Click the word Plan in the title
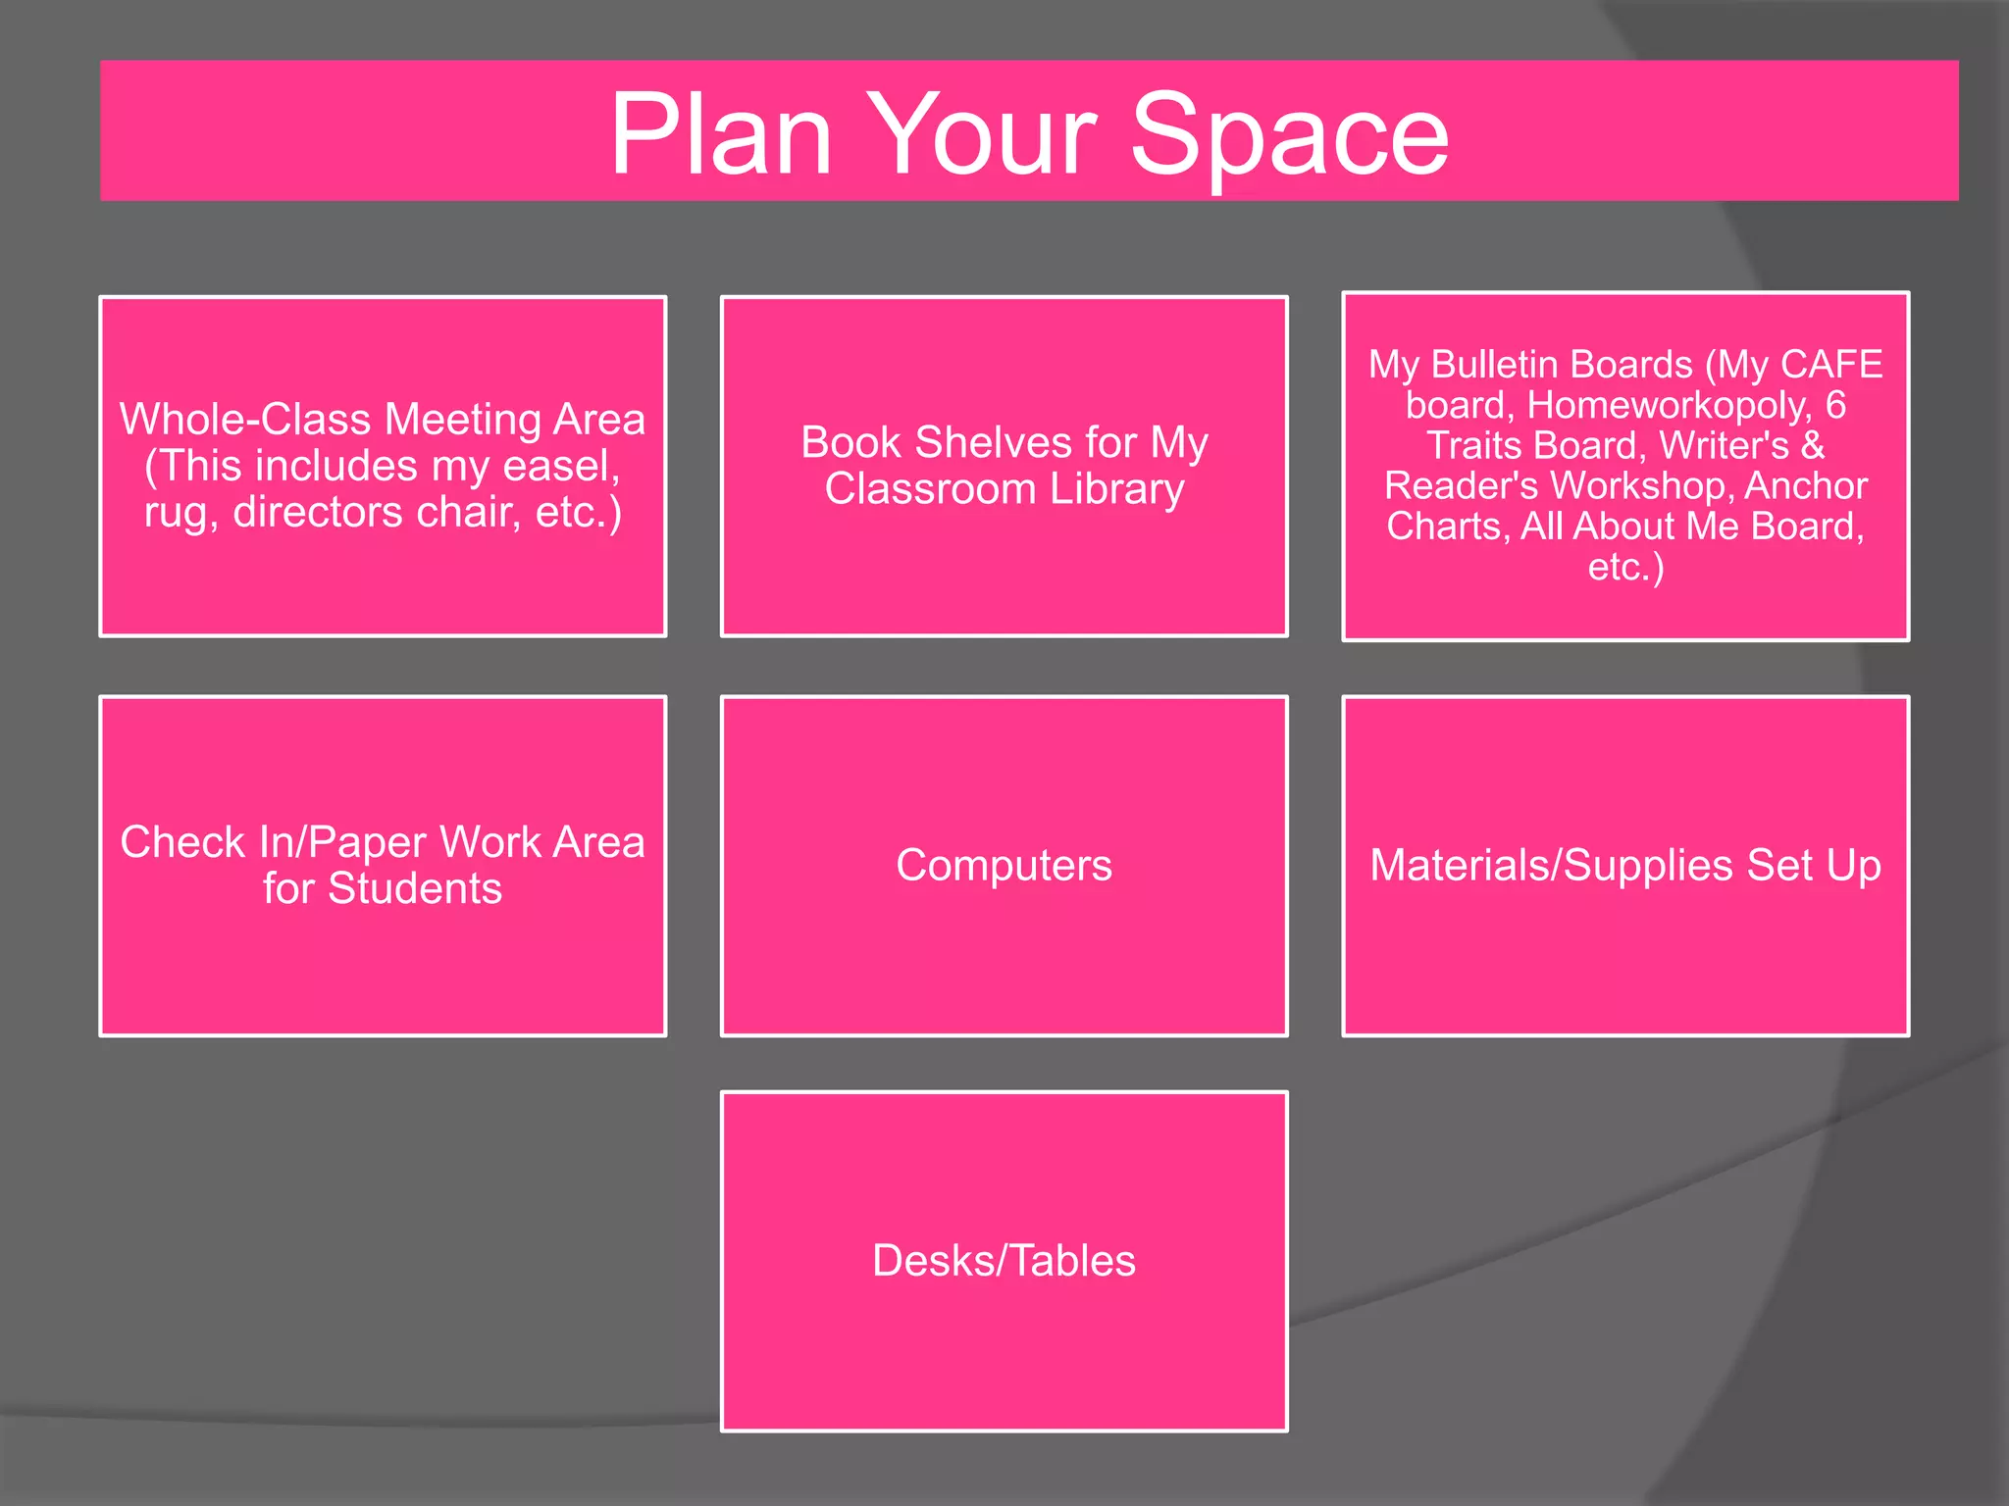tap(721, 134)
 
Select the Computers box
tap(1004, 866)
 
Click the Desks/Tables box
tap(1004, 1261)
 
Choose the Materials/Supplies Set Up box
tap(1625, 866)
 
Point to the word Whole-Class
tap(249, 420)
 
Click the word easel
tap(561, 467)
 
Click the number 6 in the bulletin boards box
tap(1835, 405)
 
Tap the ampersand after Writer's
tap(1813, 446)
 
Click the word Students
tap(415, 889)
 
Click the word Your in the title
tap(981, 134)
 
